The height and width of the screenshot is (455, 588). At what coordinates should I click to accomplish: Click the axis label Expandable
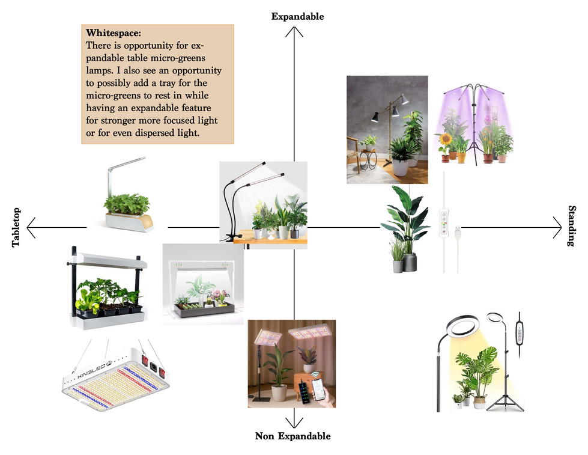(297, 16)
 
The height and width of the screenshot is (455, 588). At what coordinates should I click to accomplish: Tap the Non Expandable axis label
(293, 436)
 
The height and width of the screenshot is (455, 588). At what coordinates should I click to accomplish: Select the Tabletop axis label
(16, 227)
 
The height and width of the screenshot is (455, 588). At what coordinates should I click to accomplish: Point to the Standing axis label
(571, 225)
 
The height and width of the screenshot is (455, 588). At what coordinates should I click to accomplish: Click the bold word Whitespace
(114, 33)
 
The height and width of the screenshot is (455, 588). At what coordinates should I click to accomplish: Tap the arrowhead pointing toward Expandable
(294, 32)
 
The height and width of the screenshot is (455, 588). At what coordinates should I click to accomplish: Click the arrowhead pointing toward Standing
(557, 227)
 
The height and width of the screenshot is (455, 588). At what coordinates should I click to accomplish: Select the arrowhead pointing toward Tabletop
(31, 227)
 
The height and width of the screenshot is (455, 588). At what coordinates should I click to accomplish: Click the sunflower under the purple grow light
(446, 139)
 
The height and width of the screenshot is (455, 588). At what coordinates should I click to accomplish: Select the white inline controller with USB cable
(444, 223)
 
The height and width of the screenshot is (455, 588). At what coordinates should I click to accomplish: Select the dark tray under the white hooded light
(204, 310)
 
